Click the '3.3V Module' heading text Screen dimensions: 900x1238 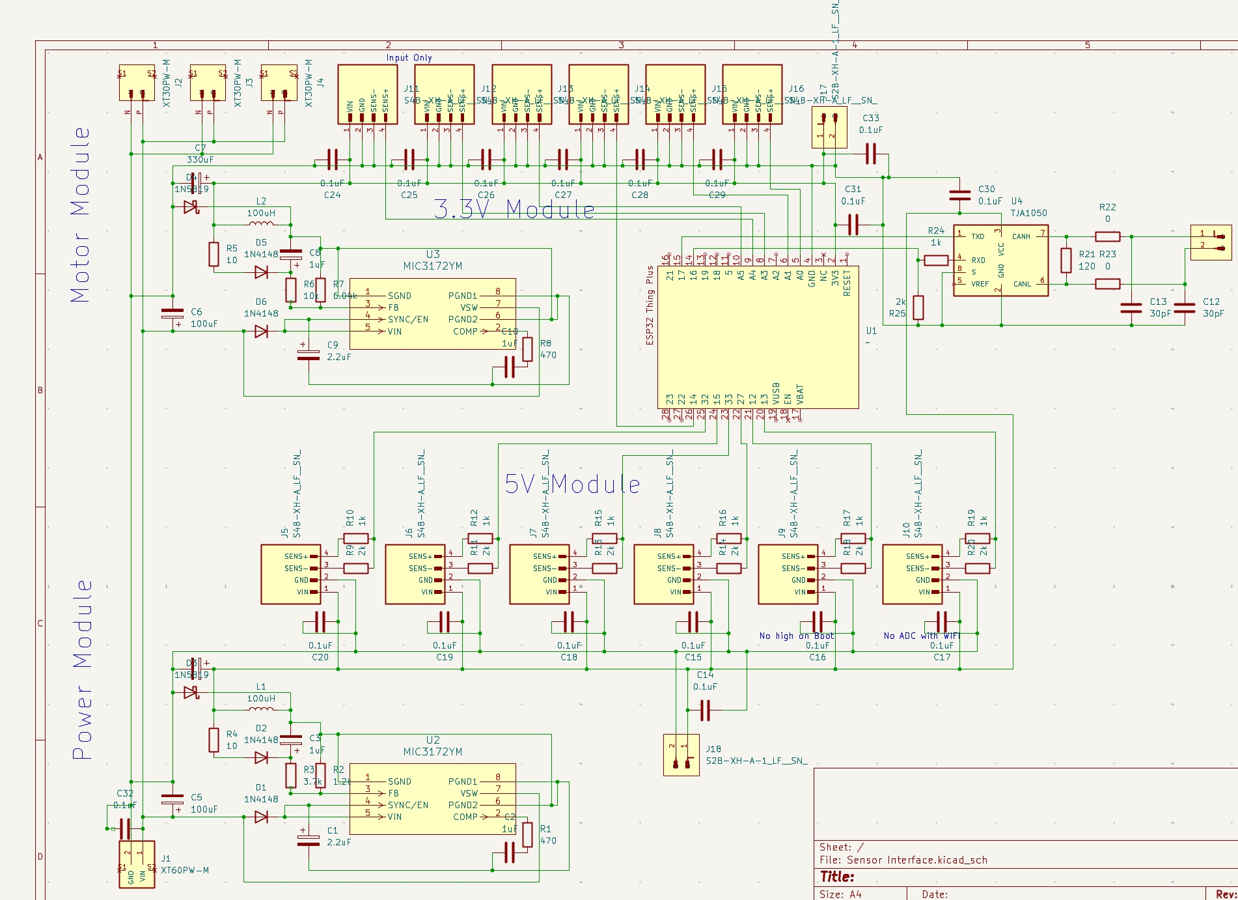tap(514, 210)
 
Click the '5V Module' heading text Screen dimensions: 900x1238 tap(572, 485)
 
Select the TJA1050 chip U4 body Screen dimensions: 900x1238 tap(1000, 260)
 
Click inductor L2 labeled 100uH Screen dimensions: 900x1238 tap(261, 223)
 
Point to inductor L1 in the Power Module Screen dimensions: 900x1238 tap(261, 709)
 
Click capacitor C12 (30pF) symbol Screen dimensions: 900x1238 tap(1185, 307)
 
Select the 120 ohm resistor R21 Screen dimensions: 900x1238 tap(1066, 260)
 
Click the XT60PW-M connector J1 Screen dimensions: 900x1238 tap(137, 864)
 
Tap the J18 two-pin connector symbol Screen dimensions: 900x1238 tap(681, 755)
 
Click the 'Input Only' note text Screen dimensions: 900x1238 tap(409, 57)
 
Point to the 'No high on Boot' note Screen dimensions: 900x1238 tap(796, 636)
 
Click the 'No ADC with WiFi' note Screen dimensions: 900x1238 tap(921, 636)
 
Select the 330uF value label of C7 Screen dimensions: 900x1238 tap(200, 160)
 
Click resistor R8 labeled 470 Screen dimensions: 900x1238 tap(527, 349)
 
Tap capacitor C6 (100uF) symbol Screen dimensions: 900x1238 tap(172, 313)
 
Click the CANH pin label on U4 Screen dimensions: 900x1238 tap(1021, 236)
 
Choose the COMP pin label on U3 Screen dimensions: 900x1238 tap(465, 331)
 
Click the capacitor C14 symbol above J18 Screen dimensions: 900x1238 tap(705, 710)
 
